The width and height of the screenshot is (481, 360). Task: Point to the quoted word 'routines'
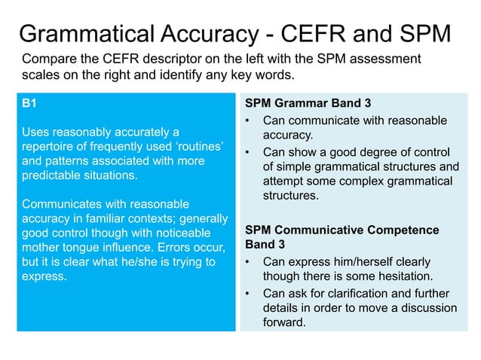[x=200, y=148]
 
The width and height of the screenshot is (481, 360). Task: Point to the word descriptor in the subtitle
[x=174, y=59]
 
